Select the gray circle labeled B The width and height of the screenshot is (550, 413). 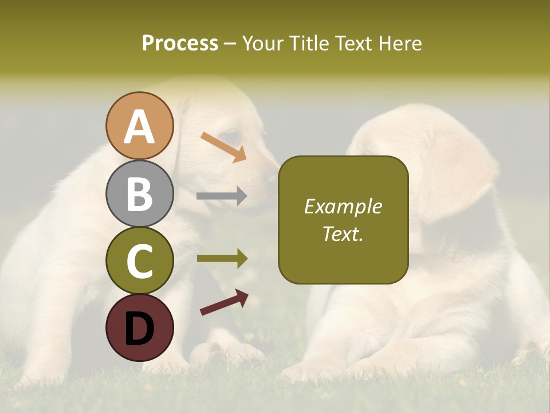[139, 193]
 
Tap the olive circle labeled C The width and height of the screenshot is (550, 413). [139, 260]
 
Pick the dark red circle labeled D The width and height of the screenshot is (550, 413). [139, 328]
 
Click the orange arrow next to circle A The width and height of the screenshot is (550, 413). [223, 147]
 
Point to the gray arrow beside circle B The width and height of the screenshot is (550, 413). [222, 196]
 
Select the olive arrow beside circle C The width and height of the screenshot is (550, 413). [222, 259]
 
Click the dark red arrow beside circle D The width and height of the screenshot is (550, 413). [224, 302]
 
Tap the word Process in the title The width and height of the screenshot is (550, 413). [180, 43]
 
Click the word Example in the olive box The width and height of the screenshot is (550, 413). [343, 206]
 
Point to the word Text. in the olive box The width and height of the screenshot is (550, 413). [343, 233]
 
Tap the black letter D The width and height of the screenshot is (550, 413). [139, 328]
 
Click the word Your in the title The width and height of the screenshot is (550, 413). [260, 43]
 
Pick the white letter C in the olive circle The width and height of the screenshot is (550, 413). [139, 261]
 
